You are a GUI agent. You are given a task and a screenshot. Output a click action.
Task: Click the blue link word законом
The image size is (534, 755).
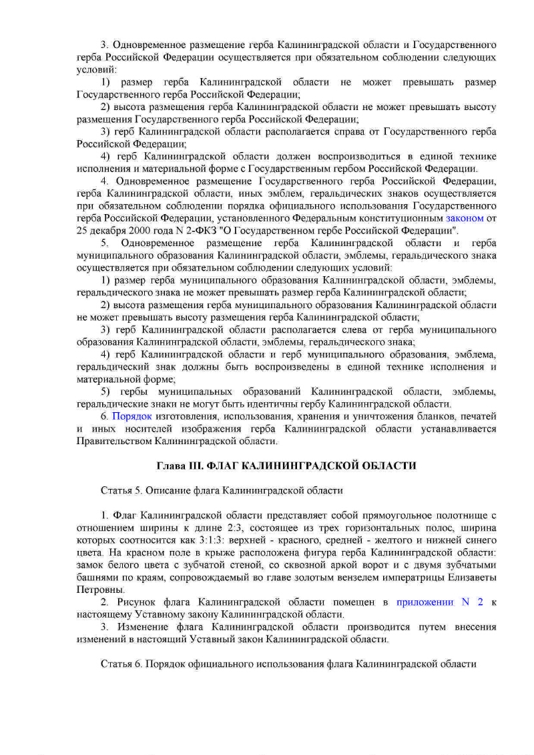pyautogui.click(x=465, y=217)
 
